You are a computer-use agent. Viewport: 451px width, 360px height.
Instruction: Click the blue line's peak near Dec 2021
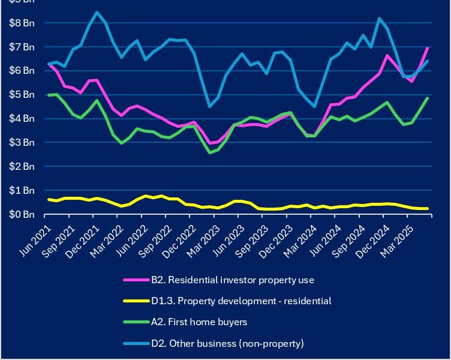coord(97,12)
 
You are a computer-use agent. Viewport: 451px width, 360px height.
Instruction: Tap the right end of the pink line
coord(427,47)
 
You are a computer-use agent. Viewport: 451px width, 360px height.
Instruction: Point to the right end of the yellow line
coord(427,208)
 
